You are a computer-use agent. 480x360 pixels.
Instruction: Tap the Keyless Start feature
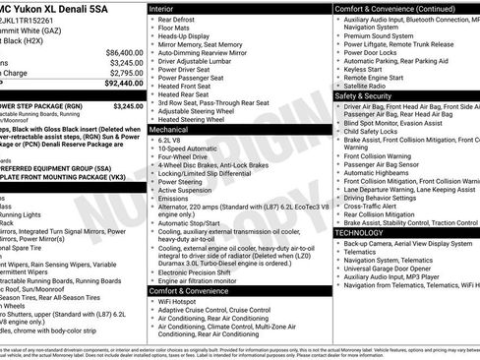click(x=363, y=69)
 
